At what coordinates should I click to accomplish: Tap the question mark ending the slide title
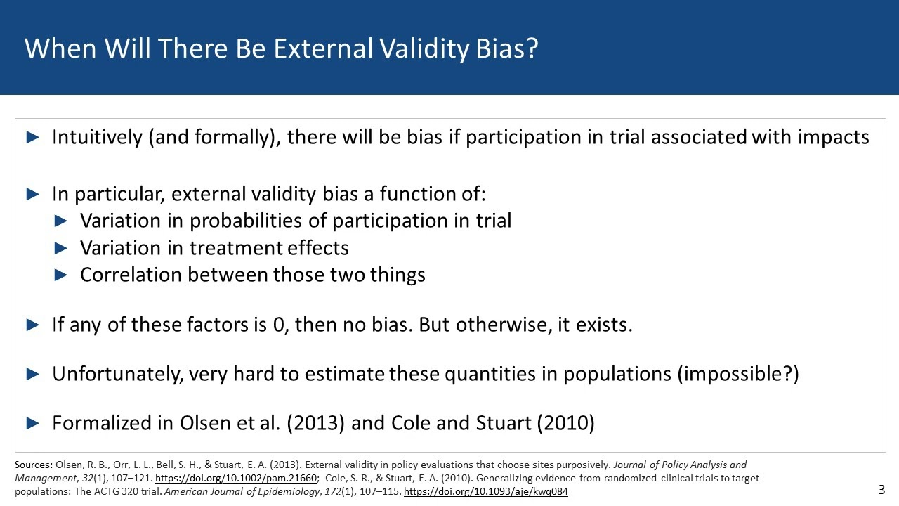(531, 48)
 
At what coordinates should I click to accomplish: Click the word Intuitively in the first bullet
(97, 137)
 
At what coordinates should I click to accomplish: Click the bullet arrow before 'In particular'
(33, 194)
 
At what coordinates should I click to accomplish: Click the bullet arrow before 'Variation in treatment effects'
(61, 248)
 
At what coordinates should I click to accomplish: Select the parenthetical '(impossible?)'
(737, 374)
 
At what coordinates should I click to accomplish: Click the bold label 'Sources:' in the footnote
(33, 465)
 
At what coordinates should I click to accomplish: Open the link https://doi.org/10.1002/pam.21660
(235, 478)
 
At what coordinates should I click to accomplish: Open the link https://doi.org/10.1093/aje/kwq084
(485, 491)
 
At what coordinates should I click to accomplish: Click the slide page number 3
(881, 490)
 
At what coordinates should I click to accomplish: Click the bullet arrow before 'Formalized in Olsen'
(33, 423)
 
